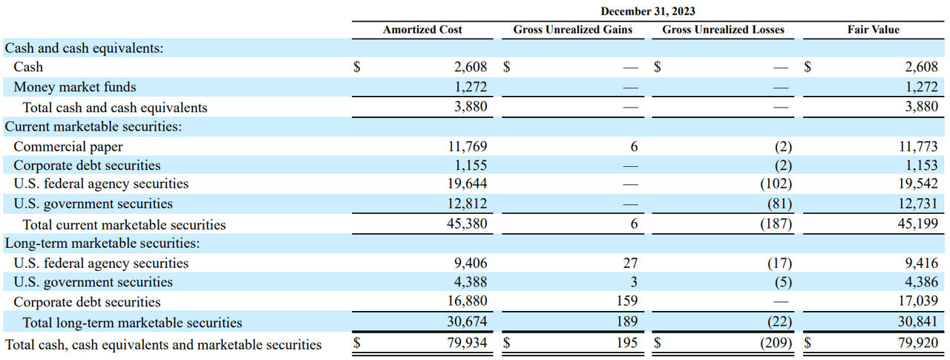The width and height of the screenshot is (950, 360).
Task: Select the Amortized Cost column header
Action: coord(422,30)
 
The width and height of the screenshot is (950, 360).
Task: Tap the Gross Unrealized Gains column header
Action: coord(572,30)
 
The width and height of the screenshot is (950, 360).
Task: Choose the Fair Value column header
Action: coord(873,30)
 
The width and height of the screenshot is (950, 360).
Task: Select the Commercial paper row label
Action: coord(68,147)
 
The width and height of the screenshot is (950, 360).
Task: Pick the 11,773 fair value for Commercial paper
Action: coord(918,147)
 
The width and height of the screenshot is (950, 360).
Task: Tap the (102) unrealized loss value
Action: coord(776,183)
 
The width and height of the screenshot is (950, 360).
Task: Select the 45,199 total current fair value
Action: coord(918,224)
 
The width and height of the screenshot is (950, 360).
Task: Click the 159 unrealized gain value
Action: coord(627,302)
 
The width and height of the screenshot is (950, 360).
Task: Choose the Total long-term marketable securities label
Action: coord(132,323)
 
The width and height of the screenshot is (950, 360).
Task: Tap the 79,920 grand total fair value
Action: coord(918,344)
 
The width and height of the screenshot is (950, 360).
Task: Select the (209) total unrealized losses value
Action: coord(776,344)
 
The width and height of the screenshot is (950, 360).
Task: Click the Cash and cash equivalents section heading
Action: coord(84,48)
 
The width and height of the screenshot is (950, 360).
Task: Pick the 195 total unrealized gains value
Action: coord(627,344)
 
